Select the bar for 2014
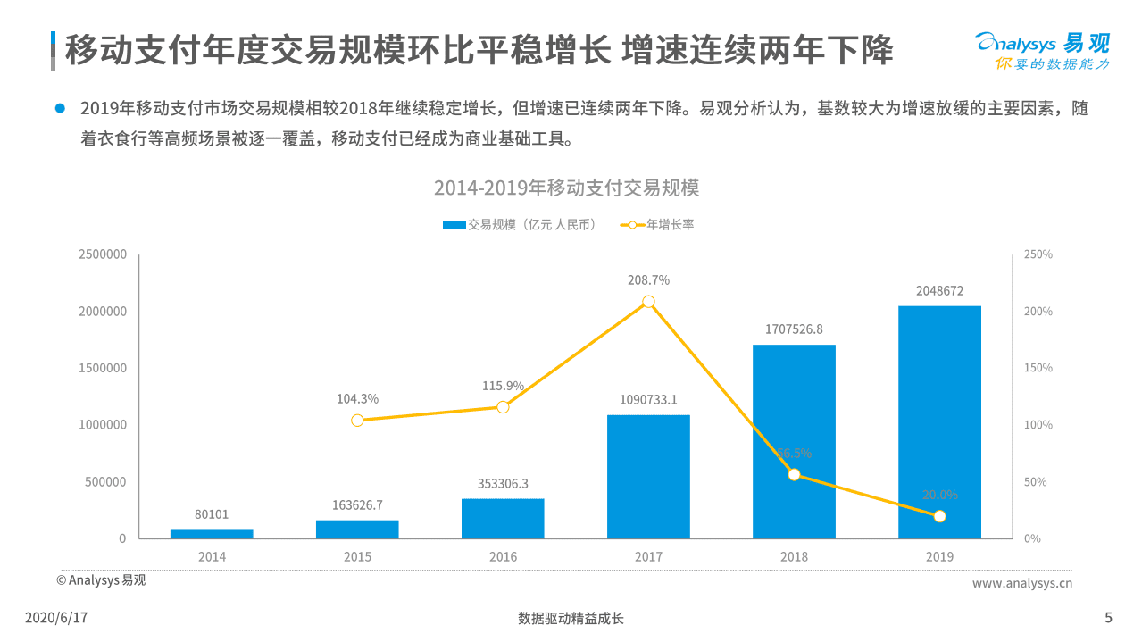(212, 534)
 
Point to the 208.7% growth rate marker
(648, 302)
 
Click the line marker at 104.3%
(357, 420)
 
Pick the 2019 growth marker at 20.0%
(939, 516)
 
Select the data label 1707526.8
(794, 329)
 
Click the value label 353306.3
(503, 484)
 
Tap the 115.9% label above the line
(503, 386)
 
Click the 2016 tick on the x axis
(503, 556)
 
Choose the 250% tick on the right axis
(1038, 254)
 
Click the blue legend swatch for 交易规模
(454, 225)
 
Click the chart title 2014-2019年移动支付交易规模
(566, 188)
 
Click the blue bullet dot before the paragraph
(61, 108)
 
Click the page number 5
(1108, 618)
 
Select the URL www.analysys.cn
(1021, 583)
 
